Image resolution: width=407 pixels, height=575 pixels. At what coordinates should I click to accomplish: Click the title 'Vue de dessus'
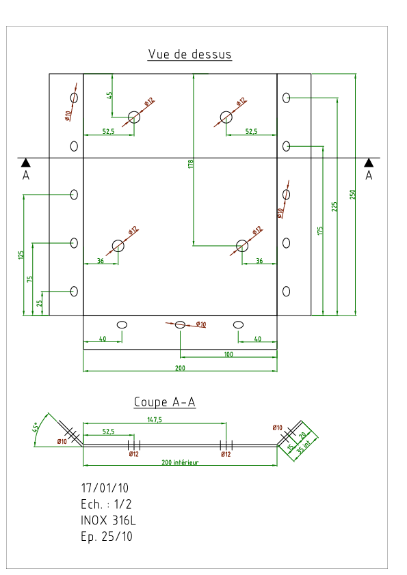pos(189,54)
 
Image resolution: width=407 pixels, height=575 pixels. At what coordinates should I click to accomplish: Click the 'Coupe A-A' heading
pos(165,402)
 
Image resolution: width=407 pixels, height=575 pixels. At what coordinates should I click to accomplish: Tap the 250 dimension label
pos(353,195)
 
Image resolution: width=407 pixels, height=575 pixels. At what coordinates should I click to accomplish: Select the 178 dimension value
pos(191,164)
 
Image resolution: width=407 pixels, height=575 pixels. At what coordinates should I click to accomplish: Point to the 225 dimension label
pos(334,206)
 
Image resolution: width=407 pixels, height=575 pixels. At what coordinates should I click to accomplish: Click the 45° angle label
pos(36,427)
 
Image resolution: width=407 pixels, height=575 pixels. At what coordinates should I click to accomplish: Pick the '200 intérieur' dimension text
pos(180,462)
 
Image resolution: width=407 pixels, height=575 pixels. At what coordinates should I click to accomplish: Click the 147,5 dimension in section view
pos(155,419)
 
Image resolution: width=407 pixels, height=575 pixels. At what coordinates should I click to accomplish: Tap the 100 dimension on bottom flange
pos(228,354)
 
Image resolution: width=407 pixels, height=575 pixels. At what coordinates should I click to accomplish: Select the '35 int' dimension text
pos(304,447)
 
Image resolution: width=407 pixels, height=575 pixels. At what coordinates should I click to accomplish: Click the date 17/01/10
pos(105,488)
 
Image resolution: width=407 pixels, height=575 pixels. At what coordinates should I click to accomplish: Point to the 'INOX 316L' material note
pos(108,520)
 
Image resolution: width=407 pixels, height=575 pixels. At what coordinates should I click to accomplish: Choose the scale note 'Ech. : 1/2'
pos(106,504)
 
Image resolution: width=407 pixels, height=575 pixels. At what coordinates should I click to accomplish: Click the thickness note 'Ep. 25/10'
pos(107,537)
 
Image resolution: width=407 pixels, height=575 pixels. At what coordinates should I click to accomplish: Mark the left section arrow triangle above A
pos(26,163)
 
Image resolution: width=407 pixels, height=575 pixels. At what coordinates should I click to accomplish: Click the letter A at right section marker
pos(369,176)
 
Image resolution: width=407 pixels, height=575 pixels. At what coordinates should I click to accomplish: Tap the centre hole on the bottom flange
pos(180,324)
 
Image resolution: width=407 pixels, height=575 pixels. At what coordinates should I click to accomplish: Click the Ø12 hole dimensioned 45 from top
pos(134,117)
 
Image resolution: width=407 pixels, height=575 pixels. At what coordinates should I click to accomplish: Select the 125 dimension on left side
pos(21,255)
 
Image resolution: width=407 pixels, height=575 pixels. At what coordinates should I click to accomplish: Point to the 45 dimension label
pos(109,96)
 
